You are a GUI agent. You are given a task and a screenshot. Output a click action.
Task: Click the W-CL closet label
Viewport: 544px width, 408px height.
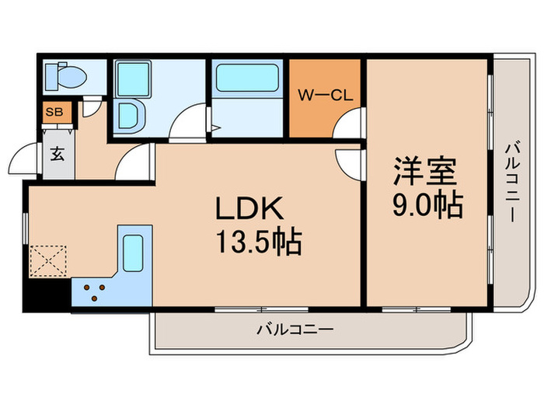click(x=326, y=96)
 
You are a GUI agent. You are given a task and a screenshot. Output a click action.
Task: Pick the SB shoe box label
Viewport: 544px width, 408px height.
click(x=54, y=112)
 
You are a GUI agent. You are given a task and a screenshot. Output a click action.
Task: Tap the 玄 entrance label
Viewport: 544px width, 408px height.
click(x=58, y=153)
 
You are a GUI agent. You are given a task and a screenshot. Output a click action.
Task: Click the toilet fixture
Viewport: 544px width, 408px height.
click(x=64, y=76)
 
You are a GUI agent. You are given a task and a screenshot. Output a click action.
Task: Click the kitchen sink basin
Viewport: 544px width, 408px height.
click(x=134, y=251)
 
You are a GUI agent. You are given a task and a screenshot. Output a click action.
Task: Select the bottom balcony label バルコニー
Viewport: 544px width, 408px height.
click(x=295, y=330)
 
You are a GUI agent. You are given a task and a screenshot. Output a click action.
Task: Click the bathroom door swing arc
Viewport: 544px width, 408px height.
click(x=187, y=124)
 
